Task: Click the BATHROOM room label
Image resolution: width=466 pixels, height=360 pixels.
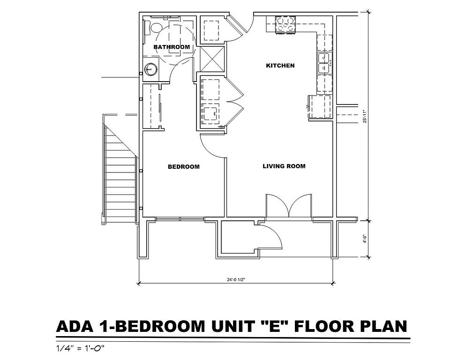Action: [x=172, y=47]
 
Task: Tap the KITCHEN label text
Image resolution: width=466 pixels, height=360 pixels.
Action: [x=280, y=66]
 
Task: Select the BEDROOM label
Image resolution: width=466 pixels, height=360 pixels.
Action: [x=184, y=167]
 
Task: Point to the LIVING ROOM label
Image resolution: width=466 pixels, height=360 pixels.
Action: [x=284, y=166]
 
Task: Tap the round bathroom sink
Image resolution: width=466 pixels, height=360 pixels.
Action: [x=150, y=70]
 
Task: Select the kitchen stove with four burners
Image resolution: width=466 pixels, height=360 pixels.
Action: [x=286, y=25]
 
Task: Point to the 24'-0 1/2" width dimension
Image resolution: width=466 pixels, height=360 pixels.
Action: [x=236, y=280]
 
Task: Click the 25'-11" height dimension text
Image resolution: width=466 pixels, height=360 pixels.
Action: [x=365, y=116]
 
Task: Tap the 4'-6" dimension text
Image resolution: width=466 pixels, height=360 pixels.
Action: [x=365, y=239]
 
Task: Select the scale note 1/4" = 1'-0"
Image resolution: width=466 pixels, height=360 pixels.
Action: [x=80, y=348]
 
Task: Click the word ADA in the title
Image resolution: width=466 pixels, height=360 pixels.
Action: [x=75, y=326]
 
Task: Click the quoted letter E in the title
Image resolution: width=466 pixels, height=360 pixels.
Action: [x=274, y=326]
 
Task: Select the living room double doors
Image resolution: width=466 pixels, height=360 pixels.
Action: [x=289, y=206]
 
